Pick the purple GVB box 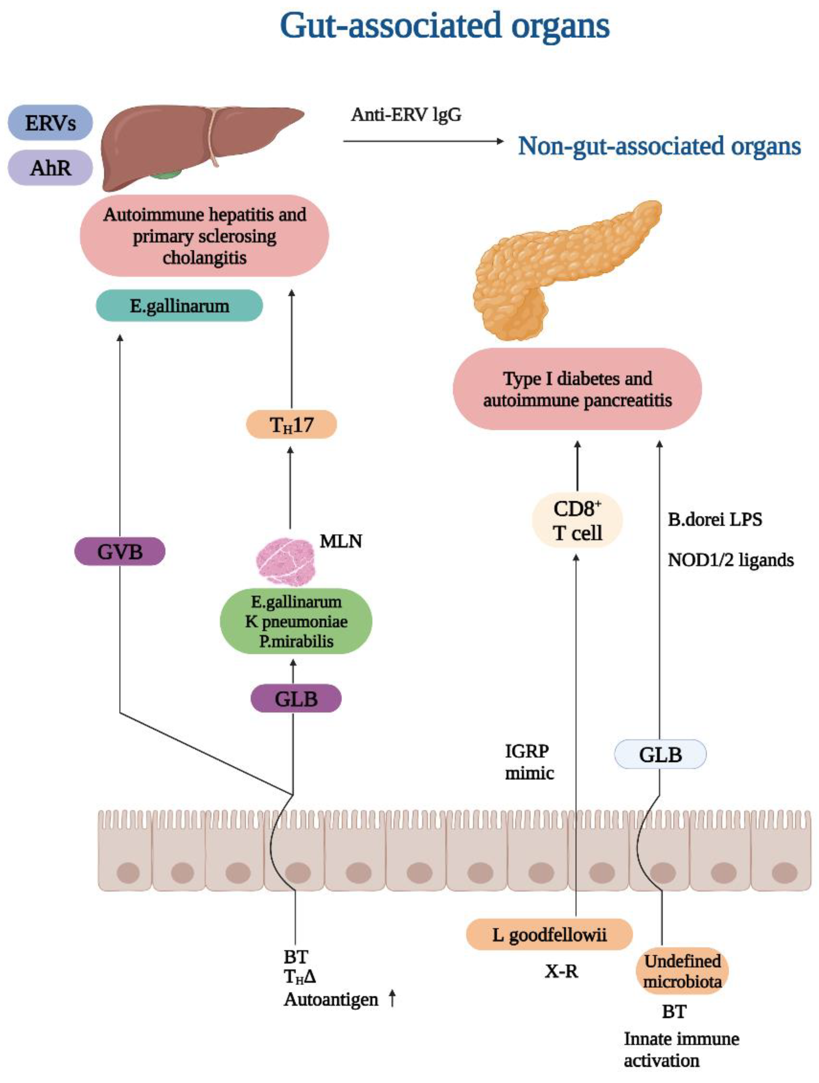point(119,552)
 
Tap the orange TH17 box point(291,424)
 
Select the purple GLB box point(296,699)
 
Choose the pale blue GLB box point(660,754)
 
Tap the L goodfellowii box point(549,935)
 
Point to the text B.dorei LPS point(715,520)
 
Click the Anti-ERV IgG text point(406,115)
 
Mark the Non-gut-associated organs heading point(659,146)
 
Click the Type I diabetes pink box point(577,389)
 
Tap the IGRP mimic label point(529,762)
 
